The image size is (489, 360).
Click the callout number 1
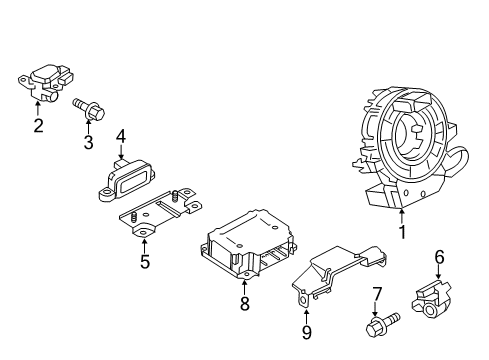[403, 234]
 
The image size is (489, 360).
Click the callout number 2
[38, 125]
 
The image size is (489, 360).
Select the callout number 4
[119, 135]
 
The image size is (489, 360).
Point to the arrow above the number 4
[119, 151]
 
